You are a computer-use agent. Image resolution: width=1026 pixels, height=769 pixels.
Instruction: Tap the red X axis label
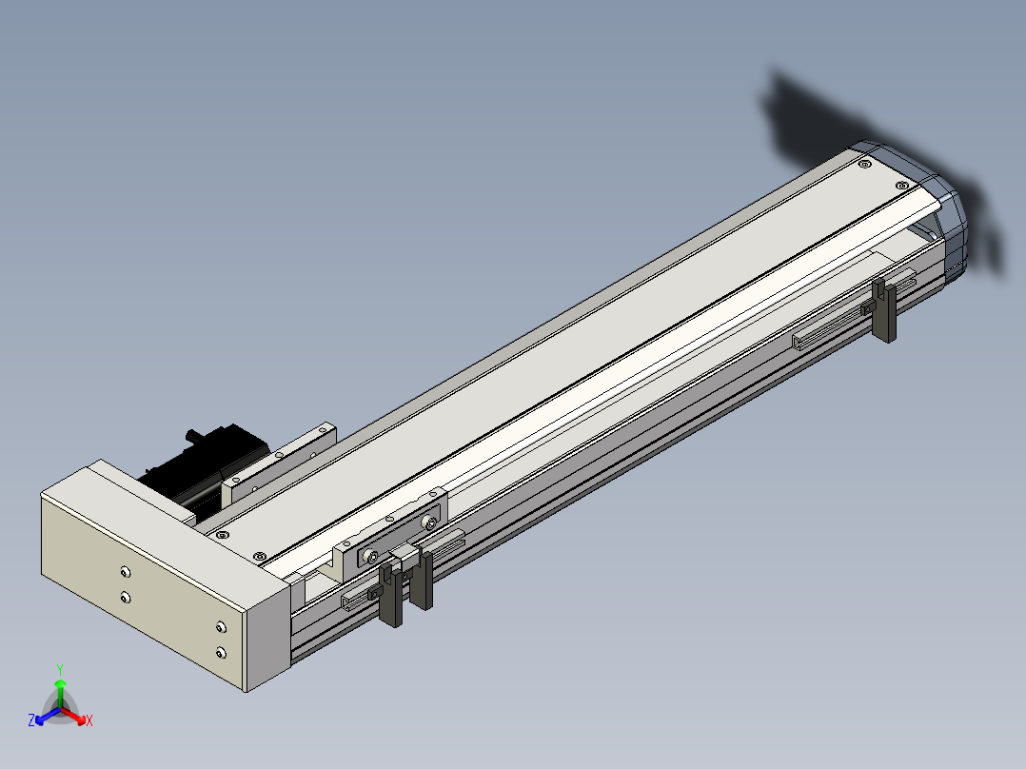(x=89, y=720)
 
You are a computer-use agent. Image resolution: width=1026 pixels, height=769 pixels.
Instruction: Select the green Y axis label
(x=60, y=669)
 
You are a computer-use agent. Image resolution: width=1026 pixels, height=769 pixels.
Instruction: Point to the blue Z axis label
(x=31, y=720)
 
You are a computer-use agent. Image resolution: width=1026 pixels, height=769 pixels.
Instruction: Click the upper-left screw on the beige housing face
(x=125, y=573)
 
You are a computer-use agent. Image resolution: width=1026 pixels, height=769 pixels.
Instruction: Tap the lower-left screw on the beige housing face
(x=125, y=598)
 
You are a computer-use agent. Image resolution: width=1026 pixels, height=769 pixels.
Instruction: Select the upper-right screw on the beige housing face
(x=221, y=627)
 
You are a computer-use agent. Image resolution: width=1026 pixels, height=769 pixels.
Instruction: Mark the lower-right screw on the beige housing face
(x=221, y=653)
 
